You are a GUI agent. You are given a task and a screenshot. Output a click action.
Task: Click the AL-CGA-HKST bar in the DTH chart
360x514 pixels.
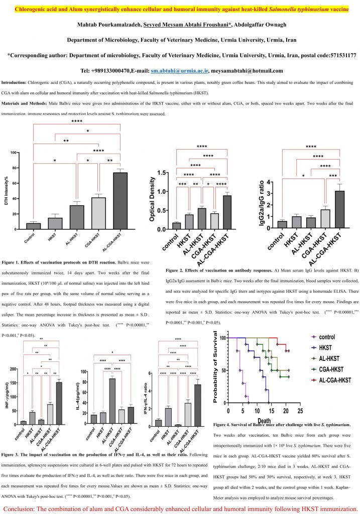click(x=120, y=201)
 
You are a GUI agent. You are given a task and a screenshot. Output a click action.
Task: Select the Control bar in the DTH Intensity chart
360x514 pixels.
click(x=34, y=226)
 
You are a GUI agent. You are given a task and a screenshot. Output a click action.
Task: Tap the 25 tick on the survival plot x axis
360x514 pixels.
click(x=300, y=411)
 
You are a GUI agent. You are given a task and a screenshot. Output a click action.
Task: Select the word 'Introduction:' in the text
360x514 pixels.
click(x=16, y=82)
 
